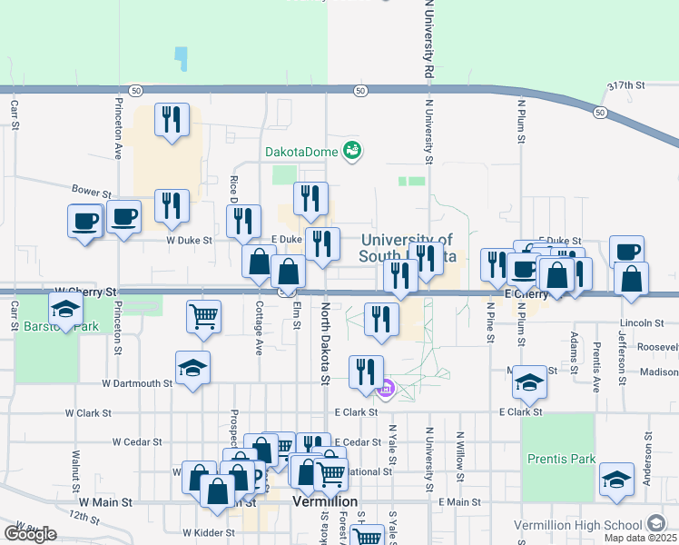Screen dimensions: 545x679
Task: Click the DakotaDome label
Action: point(300,151)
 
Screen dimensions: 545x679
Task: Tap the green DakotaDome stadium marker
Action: point(352,151)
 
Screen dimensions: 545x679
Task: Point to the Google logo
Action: point(30,533)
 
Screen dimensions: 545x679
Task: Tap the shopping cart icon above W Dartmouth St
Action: point(204,316)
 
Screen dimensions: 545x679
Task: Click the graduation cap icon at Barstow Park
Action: point(65,310)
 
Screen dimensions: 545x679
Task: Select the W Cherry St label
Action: point(86,292)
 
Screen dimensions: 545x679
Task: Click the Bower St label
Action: point(92,193)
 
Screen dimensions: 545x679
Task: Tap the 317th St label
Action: point(626,84)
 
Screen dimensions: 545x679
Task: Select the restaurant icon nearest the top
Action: point(172,119)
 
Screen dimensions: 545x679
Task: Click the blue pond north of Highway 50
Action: point(182,59)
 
